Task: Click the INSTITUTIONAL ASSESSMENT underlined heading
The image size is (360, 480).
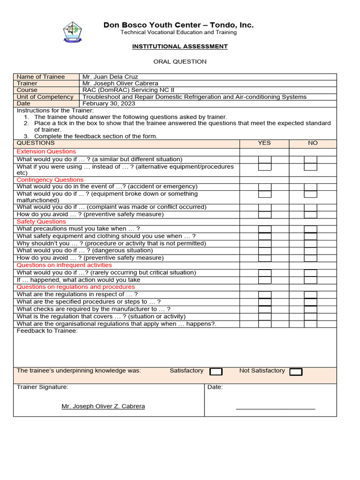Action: point(180,46)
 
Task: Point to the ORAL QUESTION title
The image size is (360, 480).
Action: point(180,61)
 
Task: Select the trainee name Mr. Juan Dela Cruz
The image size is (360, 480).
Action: point(110,77)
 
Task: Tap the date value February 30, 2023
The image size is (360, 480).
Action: point(109,104)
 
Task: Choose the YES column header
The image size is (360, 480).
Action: point(264,143)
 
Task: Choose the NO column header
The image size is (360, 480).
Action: point(313,143)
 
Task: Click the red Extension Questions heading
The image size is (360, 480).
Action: point(46,151)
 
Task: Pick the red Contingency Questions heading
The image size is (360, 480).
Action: point(50,180)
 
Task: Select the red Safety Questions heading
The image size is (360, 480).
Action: point(41,221)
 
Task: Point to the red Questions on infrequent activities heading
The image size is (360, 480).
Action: point(64,265)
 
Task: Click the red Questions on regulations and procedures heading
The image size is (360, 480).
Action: point(76,286)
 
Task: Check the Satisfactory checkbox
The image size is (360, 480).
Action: point(216,372)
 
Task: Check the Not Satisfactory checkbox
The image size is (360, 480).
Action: point(296,372)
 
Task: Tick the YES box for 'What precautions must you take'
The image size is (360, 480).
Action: point(265,229)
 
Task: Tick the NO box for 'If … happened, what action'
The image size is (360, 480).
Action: point(310,280)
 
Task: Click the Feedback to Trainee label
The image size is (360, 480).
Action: point(47,331)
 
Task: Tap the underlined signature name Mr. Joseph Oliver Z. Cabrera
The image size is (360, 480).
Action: point(103,406)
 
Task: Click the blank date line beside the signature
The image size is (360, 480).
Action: point(276,408)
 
